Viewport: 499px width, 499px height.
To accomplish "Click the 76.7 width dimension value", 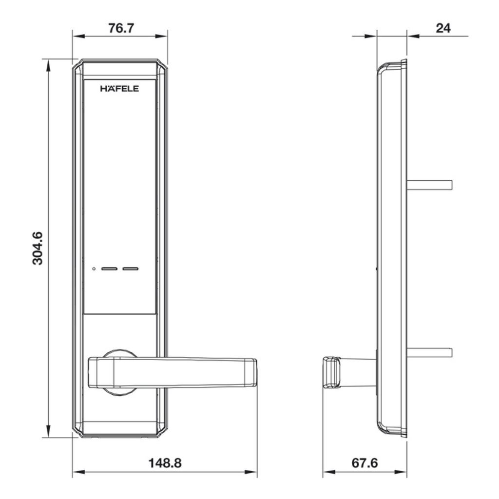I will [121, 28].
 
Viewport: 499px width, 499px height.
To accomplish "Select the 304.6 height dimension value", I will [38, 248].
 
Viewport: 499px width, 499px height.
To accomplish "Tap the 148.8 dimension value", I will [165, 463].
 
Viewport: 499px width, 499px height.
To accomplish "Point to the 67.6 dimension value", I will [365, 463].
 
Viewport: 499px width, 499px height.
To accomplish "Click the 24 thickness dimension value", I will [443, 28].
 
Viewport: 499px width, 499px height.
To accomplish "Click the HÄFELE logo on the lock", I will [119, 89].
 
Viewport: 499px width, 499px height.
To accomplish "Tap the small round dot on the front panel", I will [94, 269].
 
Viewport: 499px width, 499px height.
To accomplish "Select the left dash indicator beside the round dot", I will [109, 269].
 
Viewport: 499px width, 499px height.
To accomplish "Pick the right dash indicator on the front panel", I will [131, 269].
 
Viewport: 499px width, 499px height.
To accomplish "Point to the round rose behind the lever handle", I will [119, 353].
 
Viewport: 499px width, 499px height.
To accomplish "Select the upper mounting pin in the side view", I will [430, 185].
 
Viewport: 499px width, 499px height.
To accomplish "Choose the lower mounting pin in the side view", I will [430, 352].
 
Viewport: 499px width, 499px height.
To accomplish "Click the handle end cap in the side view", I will [332, 372].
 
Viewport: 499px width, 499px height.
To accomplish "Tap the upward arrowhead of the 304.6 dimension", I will [48, 64].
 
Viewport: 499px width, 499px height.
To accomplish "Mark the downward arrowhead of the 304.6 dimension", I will [48, 432].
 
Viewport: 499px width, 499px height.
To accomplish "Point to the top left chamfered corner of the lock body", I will [77, 65].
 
